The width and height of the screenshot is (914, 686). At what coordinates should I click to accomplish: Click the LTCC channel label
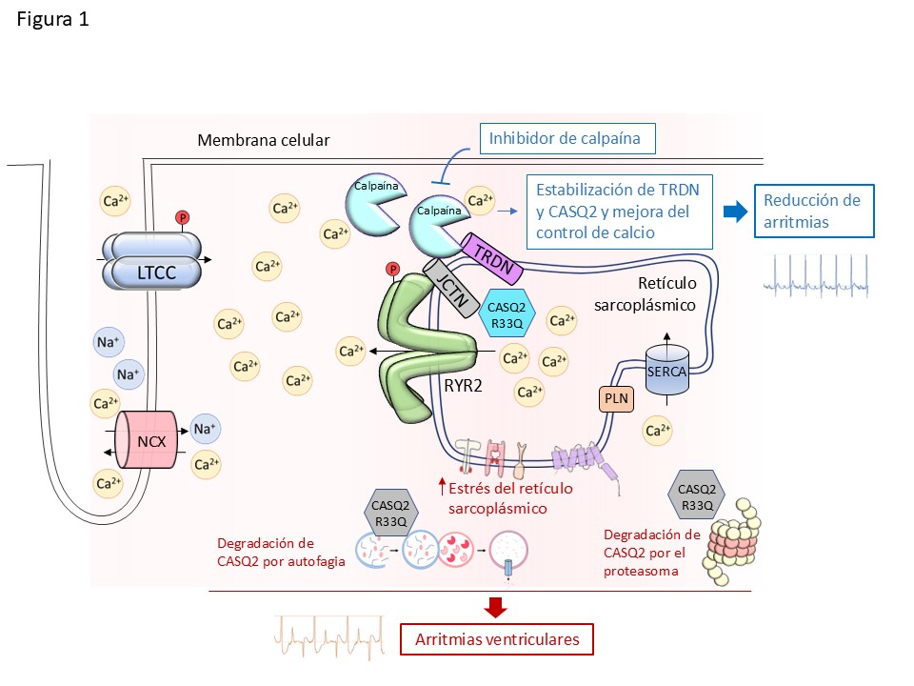pyautogui.click(x=156, y=272)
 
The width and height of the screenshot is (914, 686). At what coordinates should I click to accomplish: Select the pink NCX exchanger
pyautogui.click(x=147, y=439)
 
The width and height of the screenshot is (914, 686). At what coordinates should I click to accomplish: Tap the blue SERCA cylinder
pyautogui.click(x=667, y=370)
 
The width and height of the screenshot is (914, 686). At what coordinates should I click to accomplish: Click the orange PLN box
pyautogui.click(x=616, y=399)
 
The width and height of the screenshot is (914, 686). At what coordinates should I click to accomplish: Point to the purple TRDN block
pyautogui.click(x=492, y=259)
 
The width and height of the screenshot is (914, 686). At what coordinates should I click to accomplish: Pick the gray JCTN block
pyautogui.click(x=451, y=288)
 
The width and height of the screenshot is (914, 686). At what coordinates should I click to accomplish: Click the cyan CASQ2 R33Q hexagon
pyautogui.click(x=507, y=315)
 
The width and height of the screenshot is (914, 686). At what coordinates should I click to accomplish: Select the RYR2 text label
pyautogui.click(x=463, y=386)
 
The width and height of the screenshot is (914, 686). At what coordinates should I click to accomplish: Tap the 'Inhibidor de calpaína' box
pyautogui.click(x=567, y=139)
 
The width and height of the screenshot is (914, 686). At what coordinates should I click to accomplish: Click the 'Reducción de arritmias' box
pyautogui.click(x=814, y=212)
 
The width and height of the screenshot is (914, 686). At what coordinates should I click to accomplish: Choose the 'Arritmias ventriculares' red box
pyautogui.click(x=497, y=639)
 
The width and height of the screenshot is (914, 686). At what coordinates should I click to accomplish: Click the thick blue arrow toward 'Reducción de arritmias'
pyautogui.click(x=735, y=212)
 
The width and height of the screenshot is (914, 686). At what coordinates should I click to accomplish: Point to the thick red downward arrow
pyautogui.click(x=495, y=607)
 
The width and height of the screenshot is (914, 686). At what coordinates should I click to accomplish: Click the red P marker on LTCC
pyautogui.click(x=183, y=217)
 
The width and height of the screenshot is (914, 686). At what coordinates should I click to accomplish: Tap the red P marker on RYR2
pyautogui.click(x=393, y=269)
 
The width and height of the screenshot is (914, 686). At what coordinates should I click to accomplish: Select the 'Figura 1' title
pyautogui.click(x=52, y=19)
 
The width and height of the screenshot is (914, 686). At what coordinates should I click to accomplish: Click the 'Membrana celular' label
pyautogui.click(x=264, y=140)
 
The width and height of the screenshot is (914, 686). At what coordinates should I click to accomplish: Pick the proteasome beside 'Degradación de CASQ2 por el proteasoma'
pyautogui.click(x=732, y=541)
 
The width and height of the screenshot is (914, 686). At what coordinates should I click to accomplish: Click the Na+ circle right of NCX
pyautogui.click(x=205, y=429)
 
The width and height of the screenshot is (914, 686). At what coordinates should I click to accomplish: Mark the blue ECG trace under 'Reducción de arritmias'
pyautogui.click(x=816, y=276)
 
